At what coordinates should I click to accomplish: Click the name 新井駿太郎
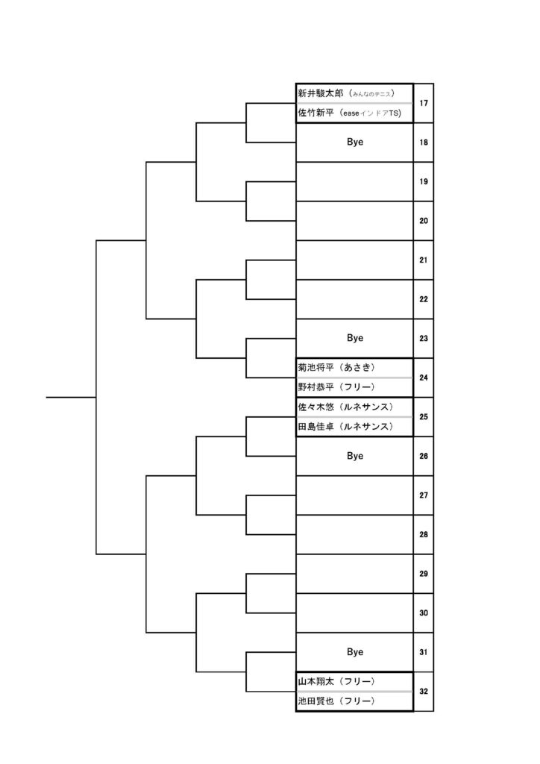[321, 93]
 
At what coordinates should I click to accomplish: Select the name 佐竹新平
[316, 113]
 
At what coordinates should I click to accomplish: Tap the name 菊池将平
[316, 367]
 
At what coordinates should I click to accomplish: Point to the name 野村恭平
[316, 387]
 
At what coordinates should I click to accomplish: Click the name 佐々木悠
[316, 407]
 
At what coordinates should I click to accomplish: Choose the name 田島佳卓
[316, 426]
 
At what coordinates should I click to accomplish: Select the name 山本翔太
[316, 681]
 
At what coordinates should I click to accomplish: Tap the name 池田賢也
[316, 701]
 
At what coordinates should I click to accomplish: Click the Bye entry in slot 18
[355, 142]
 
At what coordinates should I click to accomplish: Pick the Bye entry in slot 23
[355, 338]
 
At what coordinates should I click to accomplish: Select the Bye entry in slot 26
[355, 456]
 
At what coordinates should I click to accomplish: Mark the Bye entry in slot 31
[355, 651]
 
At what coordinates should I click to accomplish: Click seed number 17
[424, 103]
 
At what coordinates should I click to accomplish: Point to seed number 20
[424, 221]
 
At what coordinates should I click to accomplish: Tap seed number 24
[424, 378]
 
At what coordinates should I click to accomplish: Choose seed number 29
[424, 574]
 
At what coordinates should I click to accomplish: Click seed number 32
[424, 692]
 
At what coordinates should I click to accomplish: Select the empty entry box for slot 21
[354, 260]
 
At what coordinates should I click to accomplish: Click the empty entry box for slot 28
[354, 534]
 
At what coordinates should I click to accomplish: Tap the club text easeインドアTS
[372, 113]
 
